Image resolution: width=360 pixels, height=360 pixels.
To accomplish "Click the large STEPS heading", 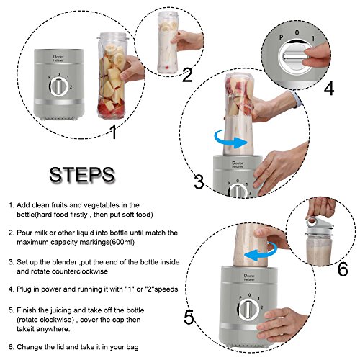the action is point(82,175).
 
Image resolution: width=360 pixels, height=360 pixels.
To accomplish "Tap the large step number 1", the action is point(114,132).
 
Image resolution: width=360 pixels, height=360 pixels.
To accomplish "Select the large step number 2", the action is point(187,76).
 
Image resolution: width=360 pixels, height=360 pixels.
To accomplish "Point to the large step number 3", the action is point(199,181).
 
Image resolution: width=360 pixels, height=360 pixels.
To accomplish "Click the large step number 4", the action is point(329,89).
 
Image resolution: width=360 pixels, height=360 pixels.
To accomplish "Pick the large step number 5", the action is point(189,318).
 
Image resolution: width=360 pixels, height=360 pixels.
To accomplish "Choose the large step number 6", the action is point(343,269).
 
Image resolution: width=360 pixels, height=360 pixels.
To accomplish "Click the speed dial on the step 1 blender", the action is point(59,86).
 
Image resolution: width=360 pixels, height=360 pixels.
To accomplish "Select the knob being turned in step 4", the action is point(294,57).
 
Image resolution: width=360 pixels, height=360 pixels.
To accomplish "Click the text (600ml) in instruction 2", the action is point(122,242).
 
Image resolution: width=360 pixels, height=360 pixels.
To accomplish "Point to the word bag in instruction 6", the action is point(132,347).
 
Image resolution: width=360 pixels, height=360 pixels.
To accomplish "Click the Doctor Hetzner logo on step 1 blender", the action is point(58,58).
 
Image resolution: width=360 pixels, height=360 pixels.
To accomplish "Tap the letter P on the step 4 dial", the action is point(282,37).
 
